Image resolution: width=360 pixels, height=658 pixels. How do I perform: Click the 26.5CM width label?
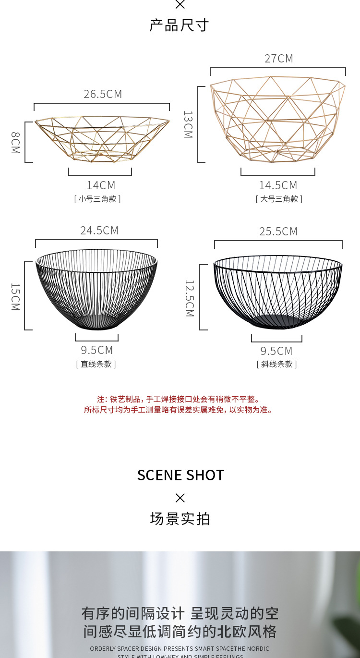(103, 94)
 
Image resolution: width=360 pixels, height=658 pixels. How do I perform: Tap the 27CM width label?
(278, 59)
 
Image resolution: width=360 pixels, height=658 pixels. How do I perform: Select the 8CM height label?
(15, 143)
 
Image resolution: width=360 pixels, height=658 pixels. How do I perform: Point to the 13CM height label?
(188, 124)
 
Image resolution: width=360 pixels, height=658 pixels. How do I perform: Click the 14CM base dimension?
(101, 185)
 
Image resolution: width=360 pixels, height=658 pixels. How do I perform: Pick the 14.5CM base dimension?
(278, 185)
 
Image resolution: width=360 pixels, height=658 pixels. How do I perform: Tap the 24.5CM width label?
(99, 231)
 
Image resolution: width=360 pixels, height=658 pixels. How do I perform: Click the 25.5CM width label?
(278, 232)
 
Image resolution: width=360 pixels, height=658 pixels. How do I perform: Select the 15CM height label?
(15, 296)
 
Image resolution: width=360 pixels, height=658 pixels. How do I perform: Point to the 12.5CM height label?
(190, 298)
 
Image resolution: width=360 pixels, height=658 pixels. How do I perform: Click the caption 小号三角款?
(97, 199)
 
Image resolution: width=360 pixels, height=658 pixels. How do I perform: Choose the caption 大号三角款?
(279, 199)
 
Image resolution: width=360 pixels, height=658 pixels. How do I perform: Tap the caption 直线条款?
(96, 364)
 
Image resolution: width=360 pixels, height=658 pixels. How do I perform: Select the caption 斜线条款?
(277, 364)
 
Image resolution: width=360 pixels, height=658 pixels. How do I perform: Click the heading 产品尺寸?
(179, 25)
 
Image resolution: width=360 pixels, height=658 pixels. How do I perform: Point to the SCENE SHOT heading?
(180, 475)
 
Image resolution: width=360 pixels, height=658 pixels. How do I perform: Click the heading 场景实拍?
(180, 519)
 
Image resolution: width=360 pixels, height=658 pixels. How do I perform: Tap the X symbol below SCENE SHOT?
(180, 498)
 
